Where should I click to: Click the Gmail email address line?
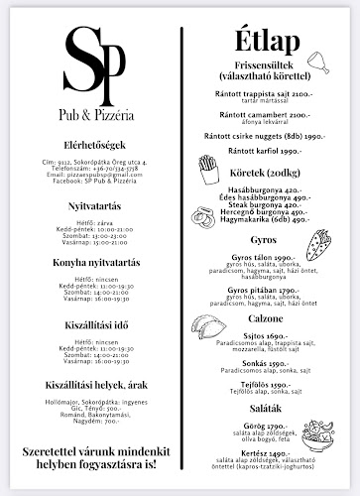point(87,174)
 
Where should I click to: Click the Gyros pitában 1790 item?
point(262,290)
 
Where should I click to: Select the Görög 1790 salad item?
point(262,426)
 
